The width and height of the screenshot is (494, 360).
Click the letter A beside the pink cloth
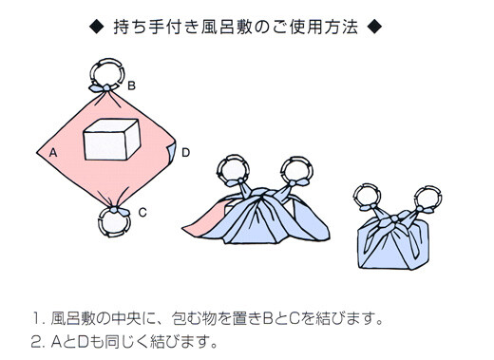52,150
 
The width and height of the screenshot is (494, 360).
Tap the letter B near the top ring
131,85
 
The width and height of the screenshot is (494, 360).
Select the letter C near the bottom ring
142,213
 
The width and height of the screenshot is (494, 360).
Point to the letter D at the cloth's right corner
185,151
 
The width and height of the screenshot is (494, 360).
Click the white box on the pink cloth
112,142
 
